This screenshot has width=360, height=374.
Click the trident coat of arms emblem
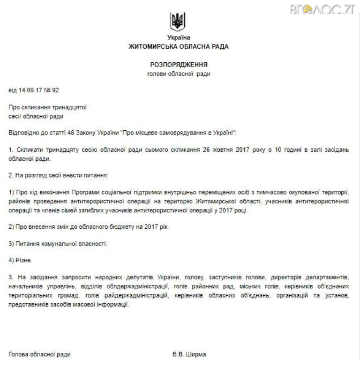pyautogui.click(x=178, y=21)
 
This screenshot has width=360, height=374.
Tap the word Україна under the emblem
pyautogui.click(x=179, y=37)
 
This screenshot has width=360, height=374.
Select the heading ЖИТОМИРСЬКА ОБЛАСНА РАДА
pyautogui.click(x=179, y=47)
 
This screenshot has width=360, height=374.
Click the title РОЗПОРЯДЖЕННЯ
pyautogui.click(x=179, y=65)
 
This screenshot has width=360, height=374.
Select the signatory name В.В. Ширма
pyautogui.click(x=189, y=354)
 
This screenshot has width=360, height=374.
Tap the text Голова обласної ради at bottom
pyautogui.click(x=40, y=354)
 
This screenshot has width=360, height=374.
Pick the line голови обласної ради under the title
pyautogui.click(x=179, y=74)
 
